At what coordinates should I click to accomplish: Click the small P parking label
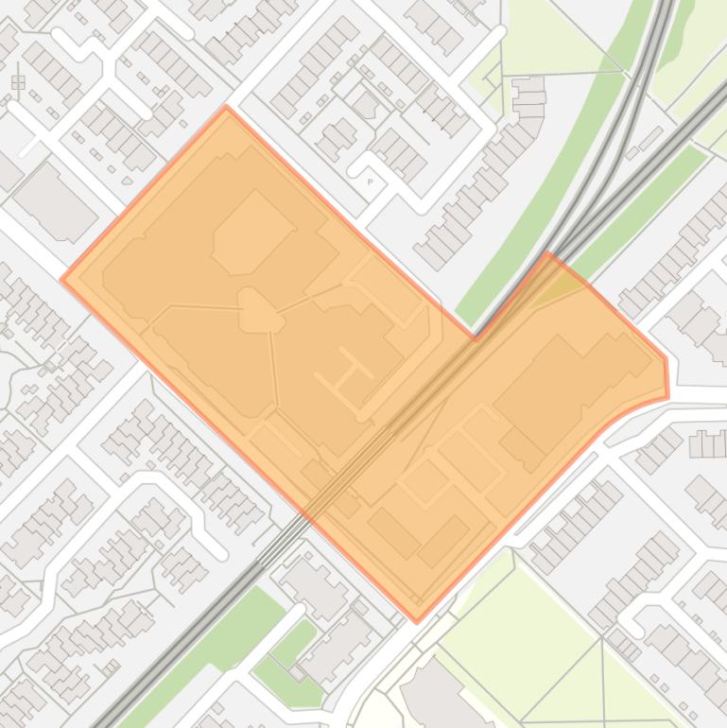370,180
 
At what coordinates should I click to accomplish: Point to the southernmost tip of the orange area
417,621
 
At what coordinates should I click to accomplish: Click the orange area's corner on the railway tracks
548,252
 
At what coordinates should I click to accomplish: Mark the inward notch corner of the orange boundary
476,337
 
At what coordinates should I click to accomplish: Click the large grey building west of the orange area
53,200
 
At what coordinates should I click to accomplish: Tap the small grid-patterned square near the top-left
18,83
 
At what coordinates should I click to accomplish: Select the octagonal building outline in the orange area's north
251,231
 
